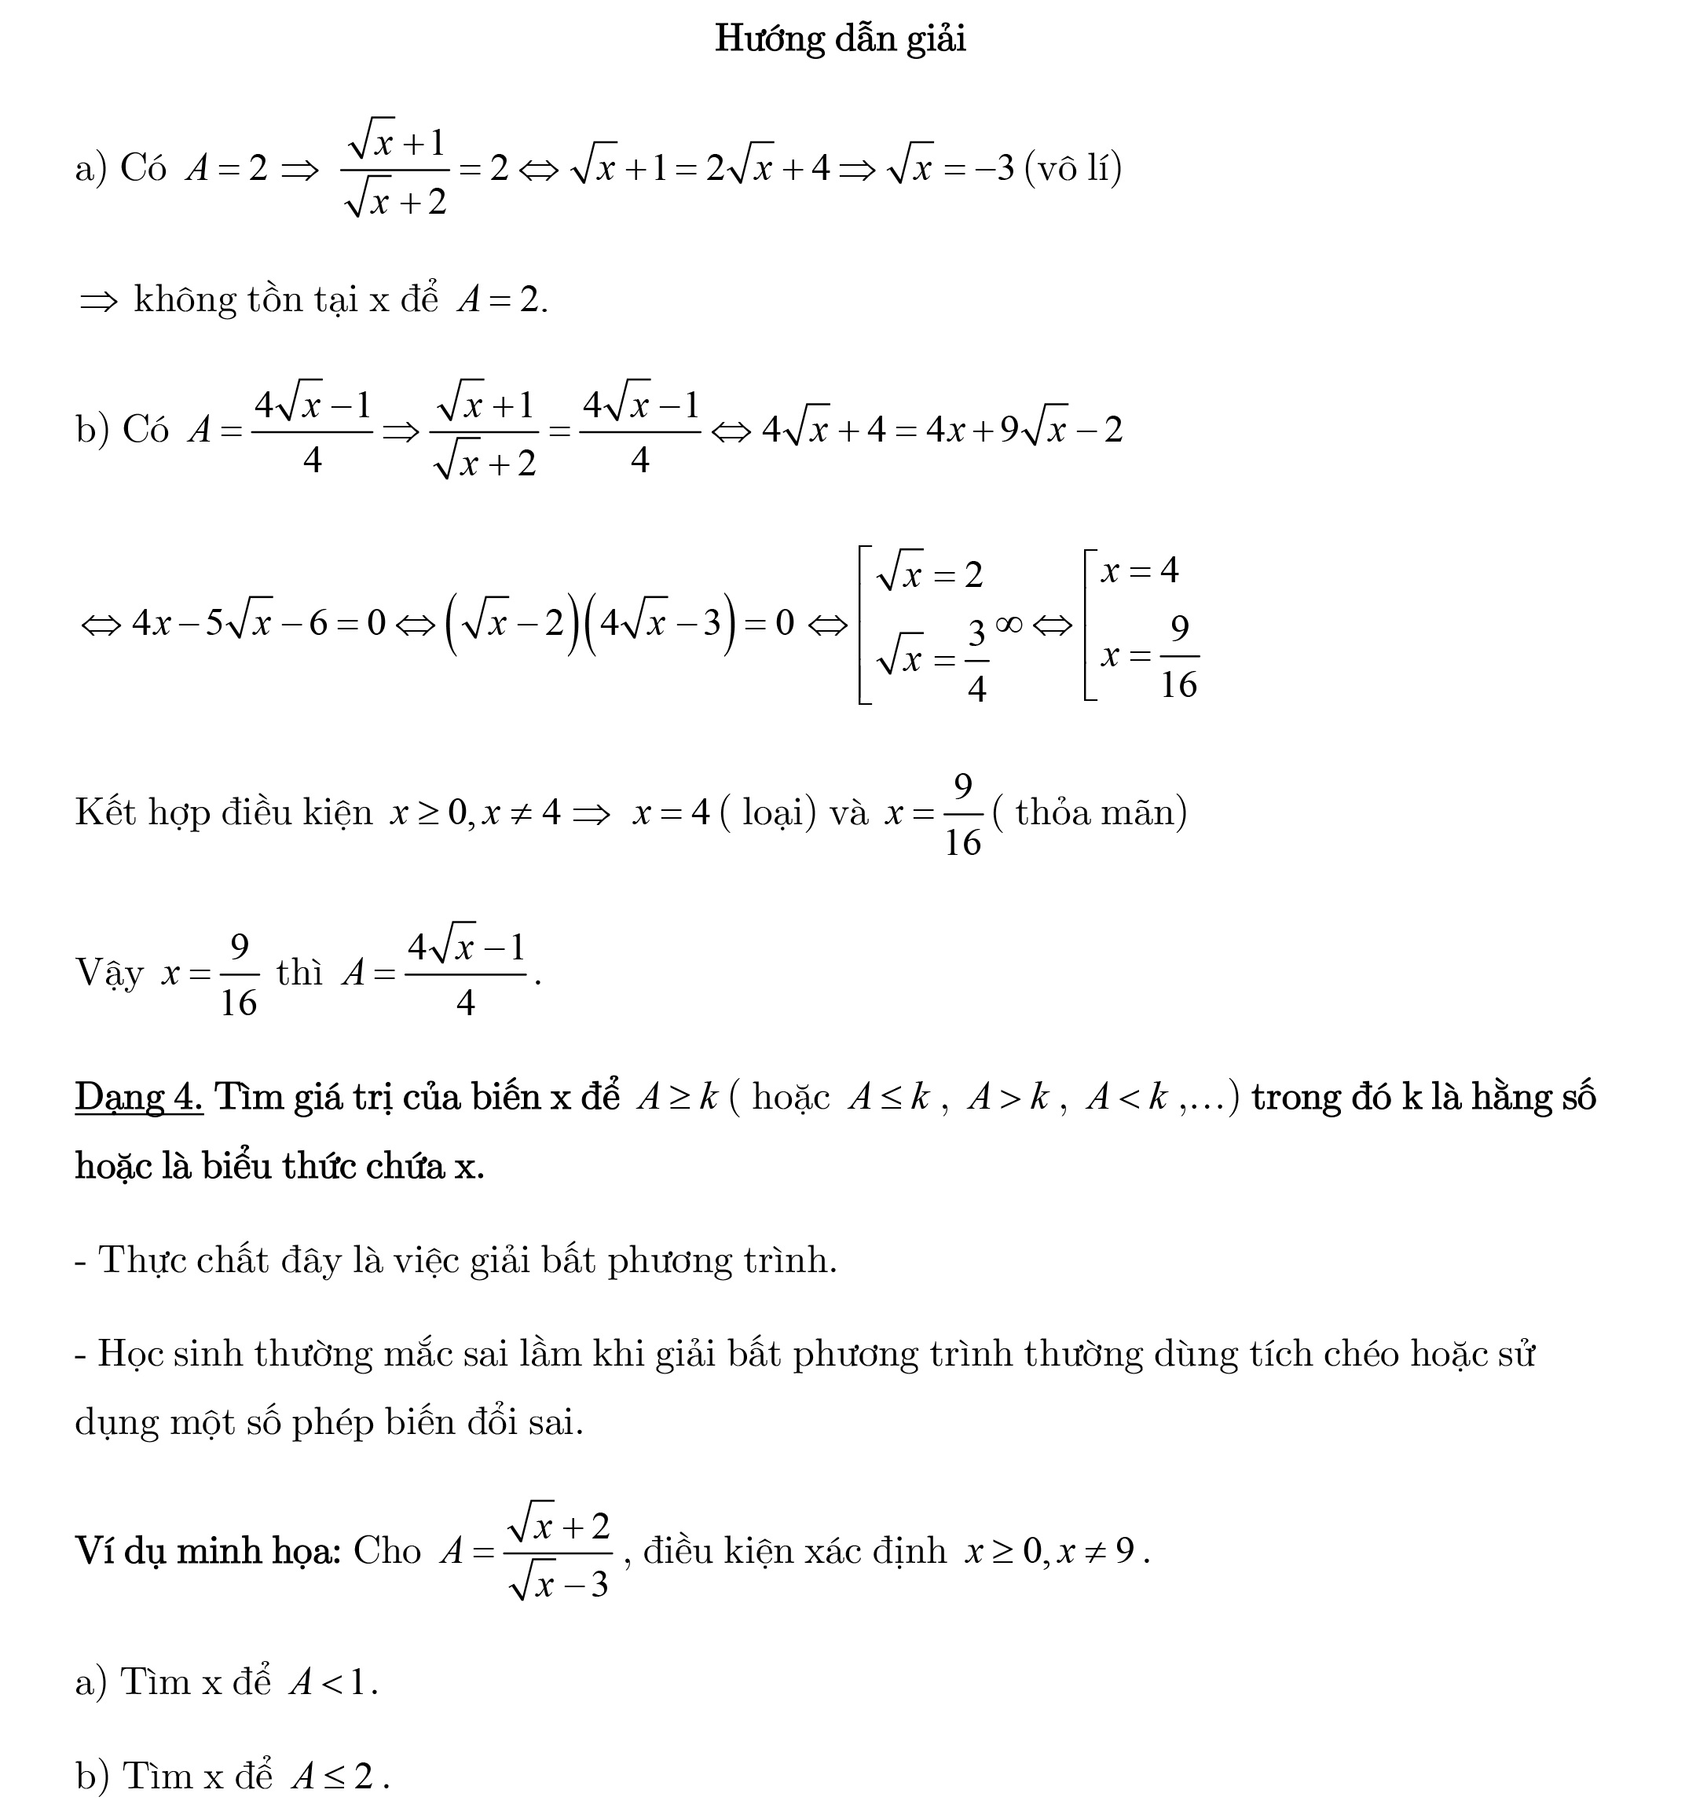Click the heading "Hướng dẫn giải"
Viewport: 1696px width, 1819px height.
pos(840,39)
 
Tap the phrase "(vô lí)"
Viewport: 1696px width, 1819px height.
pos(1073,167)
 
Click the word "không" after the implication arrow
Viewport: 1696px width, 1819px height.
pos(183,300)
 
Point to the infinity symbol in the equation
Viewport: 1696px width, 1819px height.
pos(1008,623)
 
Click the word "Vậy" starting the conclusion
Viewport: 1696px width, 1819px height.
pos(109,973)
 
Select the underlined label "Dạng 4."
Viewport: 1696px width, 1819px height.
pos(139,1096)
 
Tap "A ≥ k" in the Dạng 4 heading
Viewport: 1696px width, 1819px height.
pos(677,1096)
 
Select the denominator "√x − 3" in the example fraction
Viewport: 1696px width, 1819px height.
pos(559,1583)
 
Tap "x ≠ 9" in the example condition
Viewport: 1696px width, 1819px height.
pos(1096,1551)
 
